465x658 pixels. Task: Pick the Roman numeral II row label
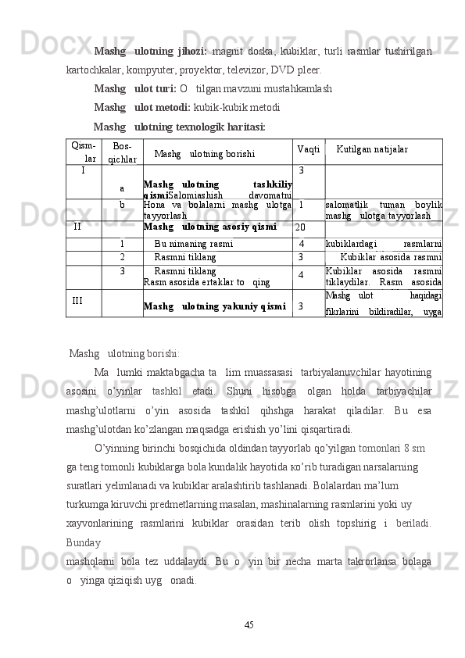78,227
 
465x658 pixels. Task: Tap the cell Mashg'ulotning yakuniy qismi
214,306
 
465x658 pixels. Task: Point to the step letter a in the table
122,188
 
